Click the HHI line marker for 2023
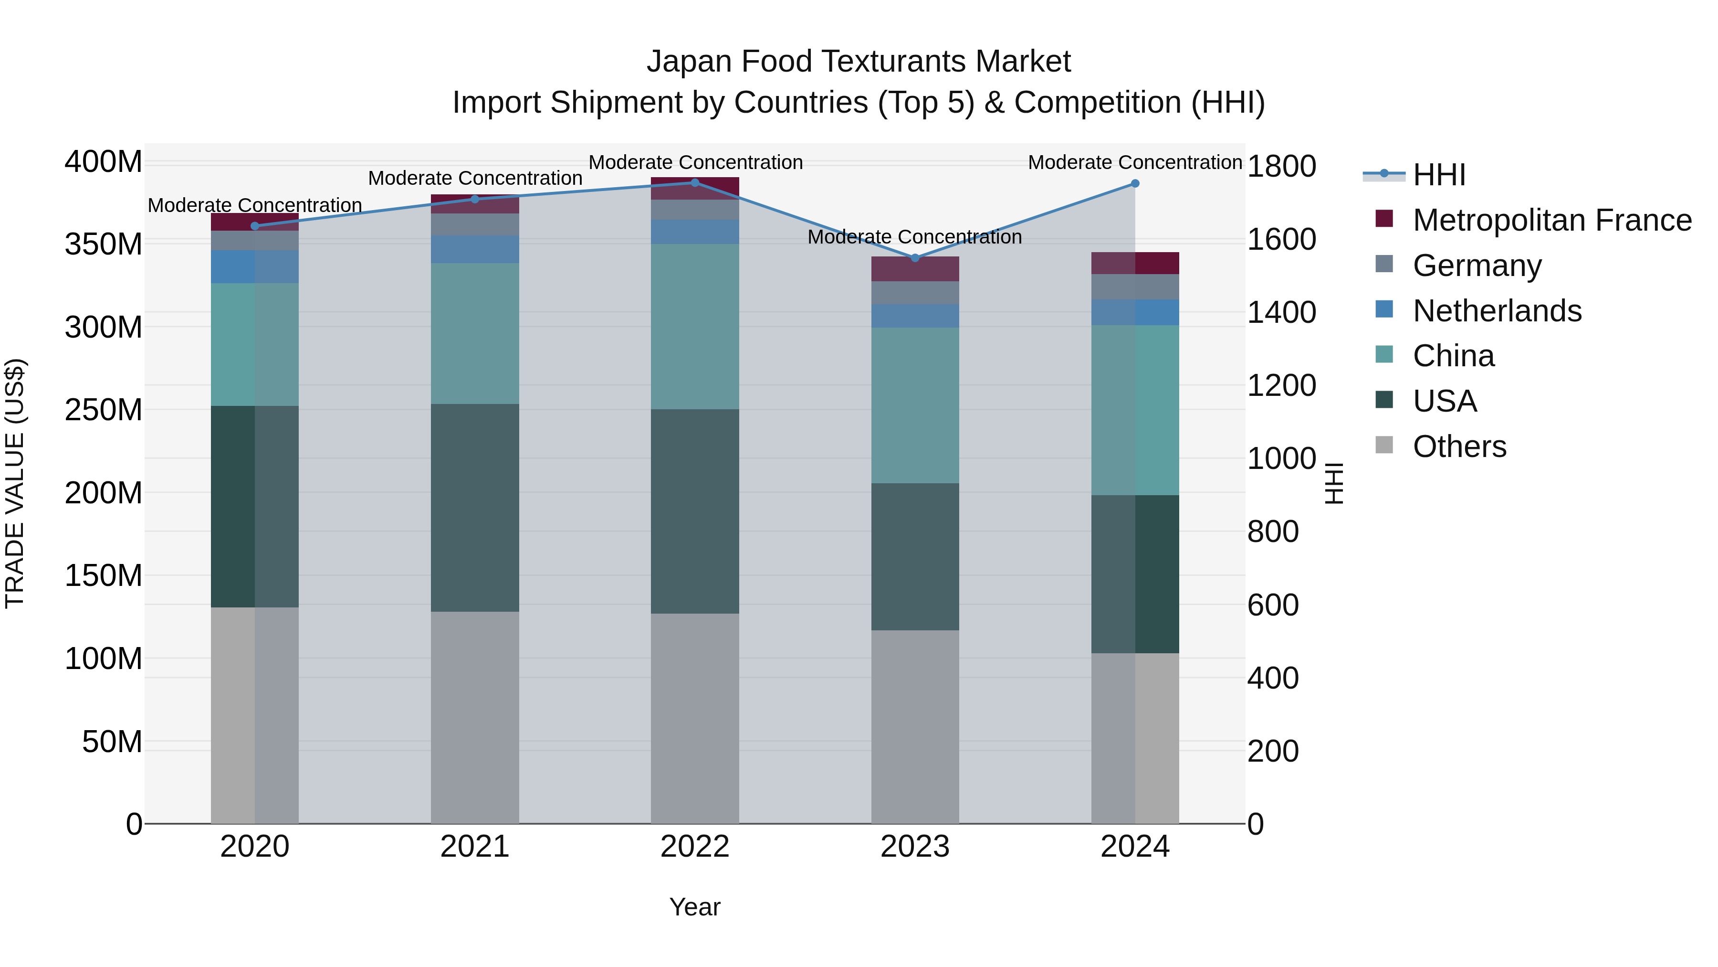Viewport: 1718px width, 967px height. (x=915, y=258)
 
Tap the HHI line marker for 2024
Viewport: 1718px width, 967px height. (x=1135, y=183)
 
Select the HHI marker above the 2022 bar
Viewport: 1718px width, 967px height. (x=695, y=183)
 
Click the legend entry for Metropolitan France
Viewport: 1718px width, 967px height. (x=1551, y=220)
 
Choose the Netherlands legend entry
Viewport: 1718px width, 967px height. (x=1497, y=311)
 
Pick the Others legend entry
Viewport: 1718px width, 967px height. (x=1459, y=446)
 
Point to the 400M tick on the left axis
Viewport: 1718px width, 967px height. (x=104, y=162)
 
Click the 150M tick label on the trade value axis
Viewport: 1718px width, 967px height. (x=104, y=575)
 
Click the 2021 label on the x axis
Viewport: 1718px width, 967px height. (x=475, y=847)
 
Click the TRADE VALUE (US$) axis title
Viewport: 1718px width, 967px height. (x=15, y=483)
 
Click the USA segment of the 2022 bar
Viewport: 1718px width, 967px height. (x=695, y=511)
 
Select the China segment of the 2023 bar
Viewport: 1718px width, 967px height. (x=915, y=405)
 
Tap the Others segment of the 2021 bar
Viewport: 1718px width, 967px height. (x=475, y=717)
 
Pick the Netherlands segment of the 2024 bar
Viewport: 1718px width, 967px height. (x=1135, y=312)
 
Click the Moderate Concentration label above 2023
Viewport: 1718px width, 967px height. (x=914, y=237)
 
